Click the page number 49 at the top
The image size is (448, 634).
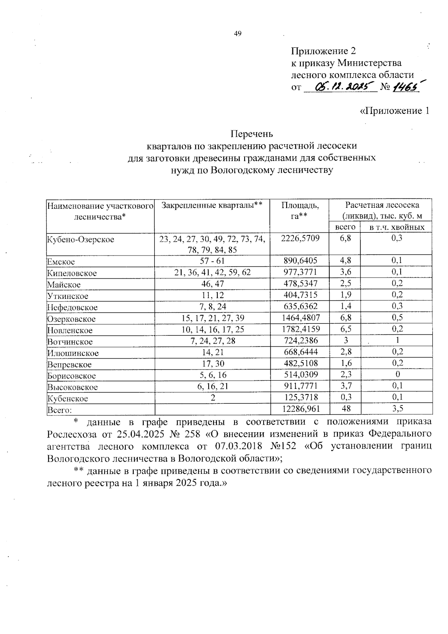(238, 34)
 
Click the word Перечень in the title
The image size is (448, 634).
(252, 133)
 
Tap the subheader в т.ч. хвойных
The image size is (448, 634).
(397, 227)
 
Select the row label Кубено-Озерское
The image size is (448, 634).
(80, 239)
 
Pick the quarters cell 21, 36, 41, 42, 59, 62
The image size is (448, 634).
(212, 272)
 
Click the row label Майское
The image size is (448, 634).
(64, 285)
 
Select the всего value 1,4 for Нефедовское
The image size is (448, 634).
(345, 306)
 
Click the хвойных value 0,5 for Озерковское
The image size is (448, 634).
(397, 318)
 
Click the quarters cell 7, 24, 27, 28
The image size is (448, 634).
(212, 341)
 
